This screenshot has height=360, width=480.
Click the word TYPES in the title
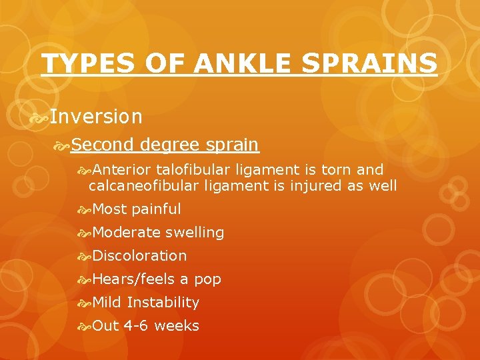click(80, 63)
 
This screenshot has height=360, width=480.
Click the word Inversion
click(96, 117)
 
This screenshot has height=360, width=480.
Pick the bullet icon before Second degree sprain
click(63, 145)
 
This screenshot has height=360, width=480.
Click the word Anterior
click(121, 169)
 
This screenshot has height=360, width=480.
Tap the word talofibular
click(193, 169)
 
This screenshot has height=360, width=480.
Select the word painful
click(157, 209)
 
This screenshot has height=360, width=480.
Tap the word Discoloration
click(140, 255)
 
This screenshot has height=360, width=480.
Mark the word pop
click(207, 280)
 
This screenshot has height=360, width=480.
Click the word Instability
click(163, 302)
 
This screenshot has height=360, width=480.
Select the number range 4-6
click(137, 325)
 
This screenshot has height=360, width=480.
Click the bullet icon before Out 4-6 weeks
click(84, 326)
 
